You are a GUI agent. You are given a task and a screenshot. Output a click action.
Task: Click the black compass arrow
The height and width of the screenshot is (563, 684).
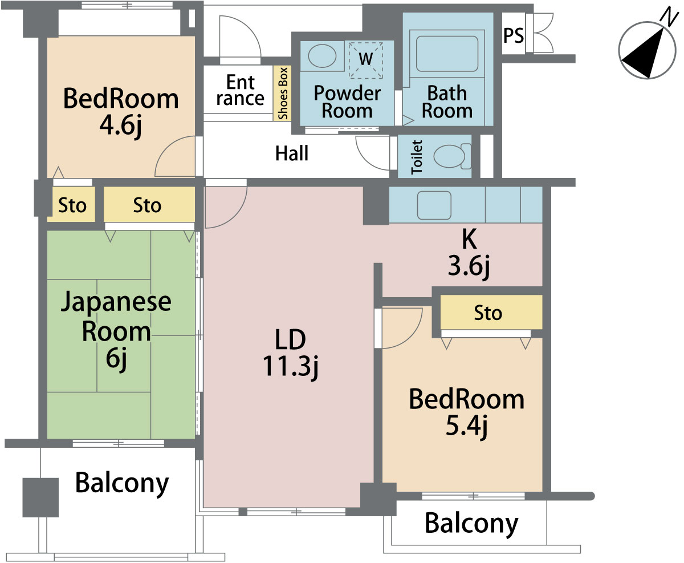(643, 54)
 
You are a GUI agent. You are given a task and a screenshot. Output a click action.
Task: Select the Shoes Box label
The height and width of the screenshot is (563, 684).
(283, 94)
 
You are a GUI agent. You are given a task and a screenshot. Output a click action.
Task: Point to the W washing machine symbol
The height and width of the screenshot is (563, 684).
(366, 60)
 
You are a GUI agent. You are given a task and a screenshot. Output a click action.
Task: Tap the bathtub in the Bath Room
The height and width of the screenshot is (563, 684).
(447, 54)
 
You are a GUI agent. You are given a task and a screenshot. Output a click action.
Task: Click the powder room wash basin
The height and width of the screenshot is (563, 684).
(322, 56)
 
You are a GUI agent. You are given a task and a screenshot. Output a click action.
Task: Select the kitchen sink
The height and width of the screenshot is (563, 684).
(434, 205)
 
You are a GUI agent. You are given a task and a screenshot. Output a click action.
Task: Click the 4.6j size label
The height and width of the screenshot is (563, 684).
(121, 125)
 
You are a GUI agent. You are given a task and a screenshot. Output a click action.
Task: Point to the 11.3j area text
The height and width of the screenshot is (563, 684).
(290, 367)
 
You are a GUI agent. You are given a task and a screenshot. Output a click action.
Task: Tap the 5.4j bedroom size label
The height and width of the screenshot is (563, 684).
(466, 426)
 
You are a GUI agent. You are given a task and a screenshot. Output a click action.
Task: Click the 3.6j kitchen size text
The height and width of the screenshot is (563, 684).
(469, 266)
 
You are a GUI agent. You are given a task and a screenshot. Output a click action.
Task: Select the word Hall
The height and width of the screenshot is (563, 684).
(292, 153)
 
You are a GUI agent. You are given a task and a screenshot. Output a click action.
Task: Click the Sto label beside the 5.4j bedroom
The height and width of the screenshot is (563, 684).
(488, 313)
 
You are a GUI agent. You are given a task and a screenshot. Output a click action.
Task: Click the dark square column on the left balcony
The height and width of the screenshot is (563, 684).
(40, 497)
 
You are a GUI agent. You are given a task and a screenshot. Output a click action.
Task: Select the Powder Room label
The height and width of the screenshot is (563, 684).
(347, 102)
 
